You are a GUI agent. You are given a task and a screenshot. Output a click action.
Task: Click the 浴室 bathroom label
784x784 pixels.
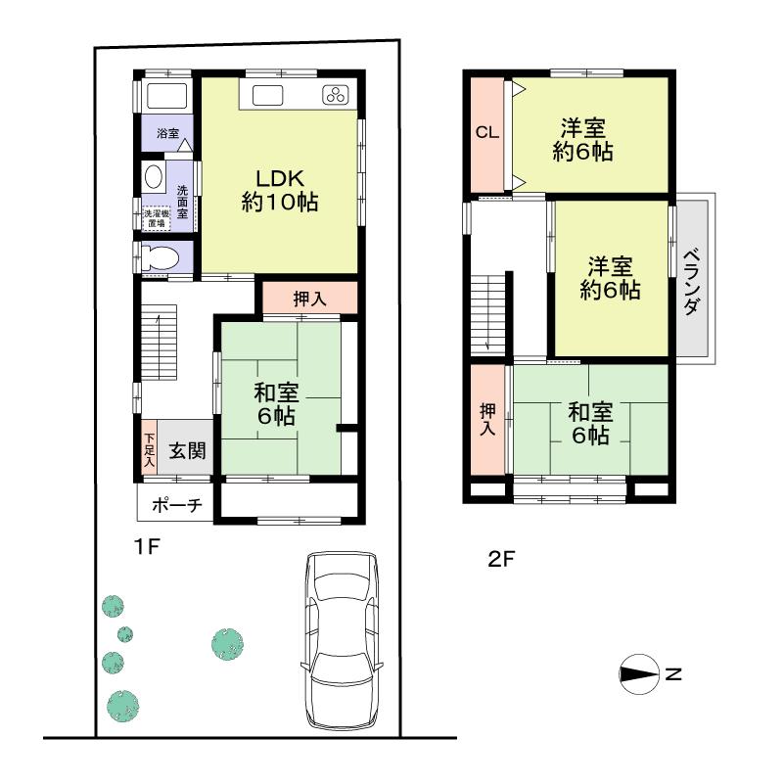167,133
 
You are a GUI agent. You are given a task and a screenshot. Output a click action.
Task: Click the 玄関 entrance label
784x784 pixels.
185,451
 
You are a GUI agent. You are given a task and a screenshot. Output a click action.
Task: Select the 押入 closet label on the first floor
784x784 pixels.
309,300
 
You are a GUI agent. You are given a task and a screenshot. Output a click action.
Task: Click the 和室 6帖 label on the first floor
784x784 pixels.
277,404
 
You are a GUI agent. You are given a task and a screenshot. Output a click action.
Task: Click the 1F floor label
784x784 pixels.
146,548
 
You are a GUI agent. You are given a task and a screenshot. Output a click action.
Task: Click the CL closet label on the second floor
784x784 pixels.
486,134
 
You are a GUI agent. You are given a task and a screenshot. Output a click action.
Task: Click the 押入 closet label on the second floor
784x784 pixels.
486,419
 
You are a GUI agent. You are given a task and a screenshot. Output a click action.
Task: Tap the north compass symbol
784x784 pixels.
641,673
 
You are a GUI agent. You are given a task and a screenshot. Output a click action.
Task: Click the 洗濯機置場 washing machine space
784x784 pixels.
157,217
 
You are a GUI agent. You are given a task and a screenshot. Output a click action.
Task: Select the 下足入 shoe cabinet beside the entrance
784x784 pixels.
149,449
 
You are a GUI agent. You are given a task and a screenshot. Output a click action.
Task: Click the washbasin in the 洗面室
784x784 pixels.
155,177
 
